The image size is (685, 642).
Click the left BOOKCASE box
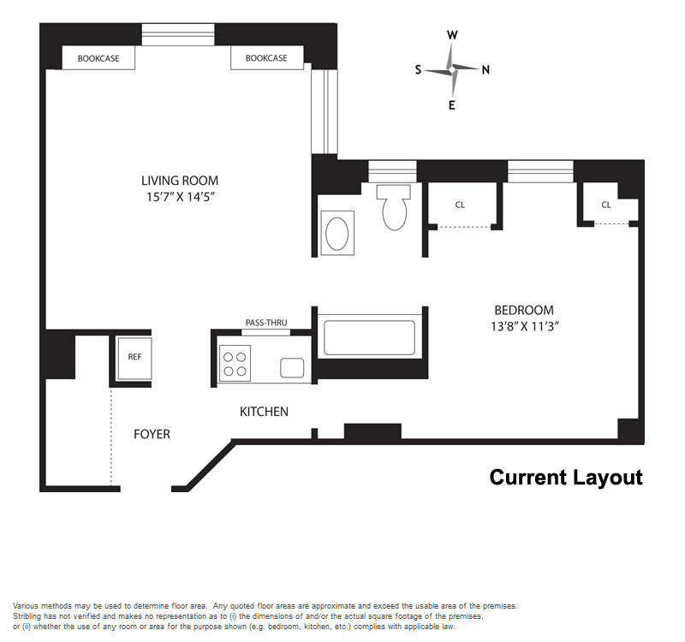coord(98,57)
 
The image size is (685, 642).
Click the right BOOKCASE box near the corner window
coord(267,57)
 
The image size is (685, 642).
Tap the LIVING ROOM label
coord(180,181)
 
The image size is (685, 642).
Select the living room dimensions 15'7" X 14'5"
coord(181,197)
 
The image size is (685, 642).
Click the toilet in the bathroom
coord(394,207)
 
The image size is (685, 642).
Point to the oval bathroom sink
coord(337,233)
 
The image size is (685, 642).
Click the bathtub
coord(370,337)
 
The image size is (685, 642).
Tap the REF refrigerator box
coord(134,358)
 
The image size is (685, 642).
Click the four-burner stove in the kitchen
coord(235,363)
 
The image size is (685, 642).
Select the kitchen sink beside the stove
coord(292,368)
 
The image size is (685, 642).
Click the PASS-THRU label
coord(266,323)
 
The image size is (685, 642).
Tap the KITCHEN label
coord(264,412)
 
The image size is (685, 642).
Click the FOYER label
coord(152,434)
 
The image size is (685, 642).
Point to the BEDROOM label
coord(524,310)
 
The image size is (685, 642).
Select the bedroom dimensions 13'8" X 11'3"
coord(525,327)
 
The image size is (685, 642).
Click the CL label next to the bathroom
coord(460,205)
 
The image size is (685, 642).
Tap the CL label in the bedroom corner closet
coord(606,205)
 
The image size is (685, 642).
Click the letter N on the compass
coord(485,70)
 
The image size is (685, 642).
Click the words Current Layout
coord(566,478)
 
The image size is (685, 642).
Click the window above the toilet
coord(392,172)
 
